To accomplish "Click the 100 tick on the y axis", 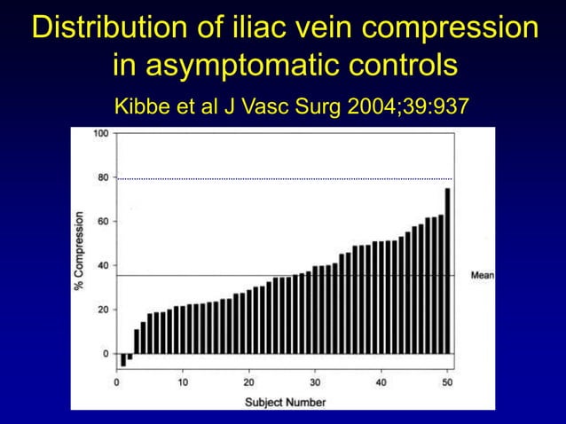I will pyautogui.click(x=100, y=134).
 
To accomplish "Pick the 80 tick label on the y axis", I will pyautogui.click(x=103, y=178).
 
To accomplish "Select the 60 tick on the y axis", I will pyautogui.click(x=103, y=222).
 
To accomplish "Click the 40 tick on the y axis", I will pyautogui.click(x=103, y=266).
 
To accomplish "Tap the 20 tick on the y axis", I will pyautogui.click(x=103, y=310).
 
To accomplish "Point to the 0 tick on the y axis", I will pyautogui.click(x=106, y=354).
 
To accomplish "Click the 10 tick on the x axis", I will pyautogui.click(x=183, y=382).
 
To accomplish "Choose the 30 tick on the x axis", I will pyautogui.click(x=315, y=382).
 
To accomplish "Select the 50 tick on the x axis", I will pyautogui.click(x=447, y=382).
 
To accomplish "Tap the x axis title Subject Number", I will pyautogui.click(x=285, y=402).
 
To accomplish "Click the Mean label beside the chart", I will pyautogui.click(x=482, y=276).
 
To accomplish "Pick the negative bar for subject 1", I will pyautogui.click(x=123, y=360).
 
